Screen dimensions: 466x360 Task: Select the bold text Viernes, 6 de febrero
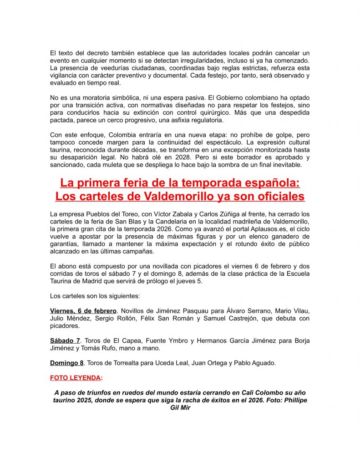click(x=83, y=311)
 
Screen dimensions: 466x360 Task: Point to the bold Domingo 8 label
click(x=66, y=363)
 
